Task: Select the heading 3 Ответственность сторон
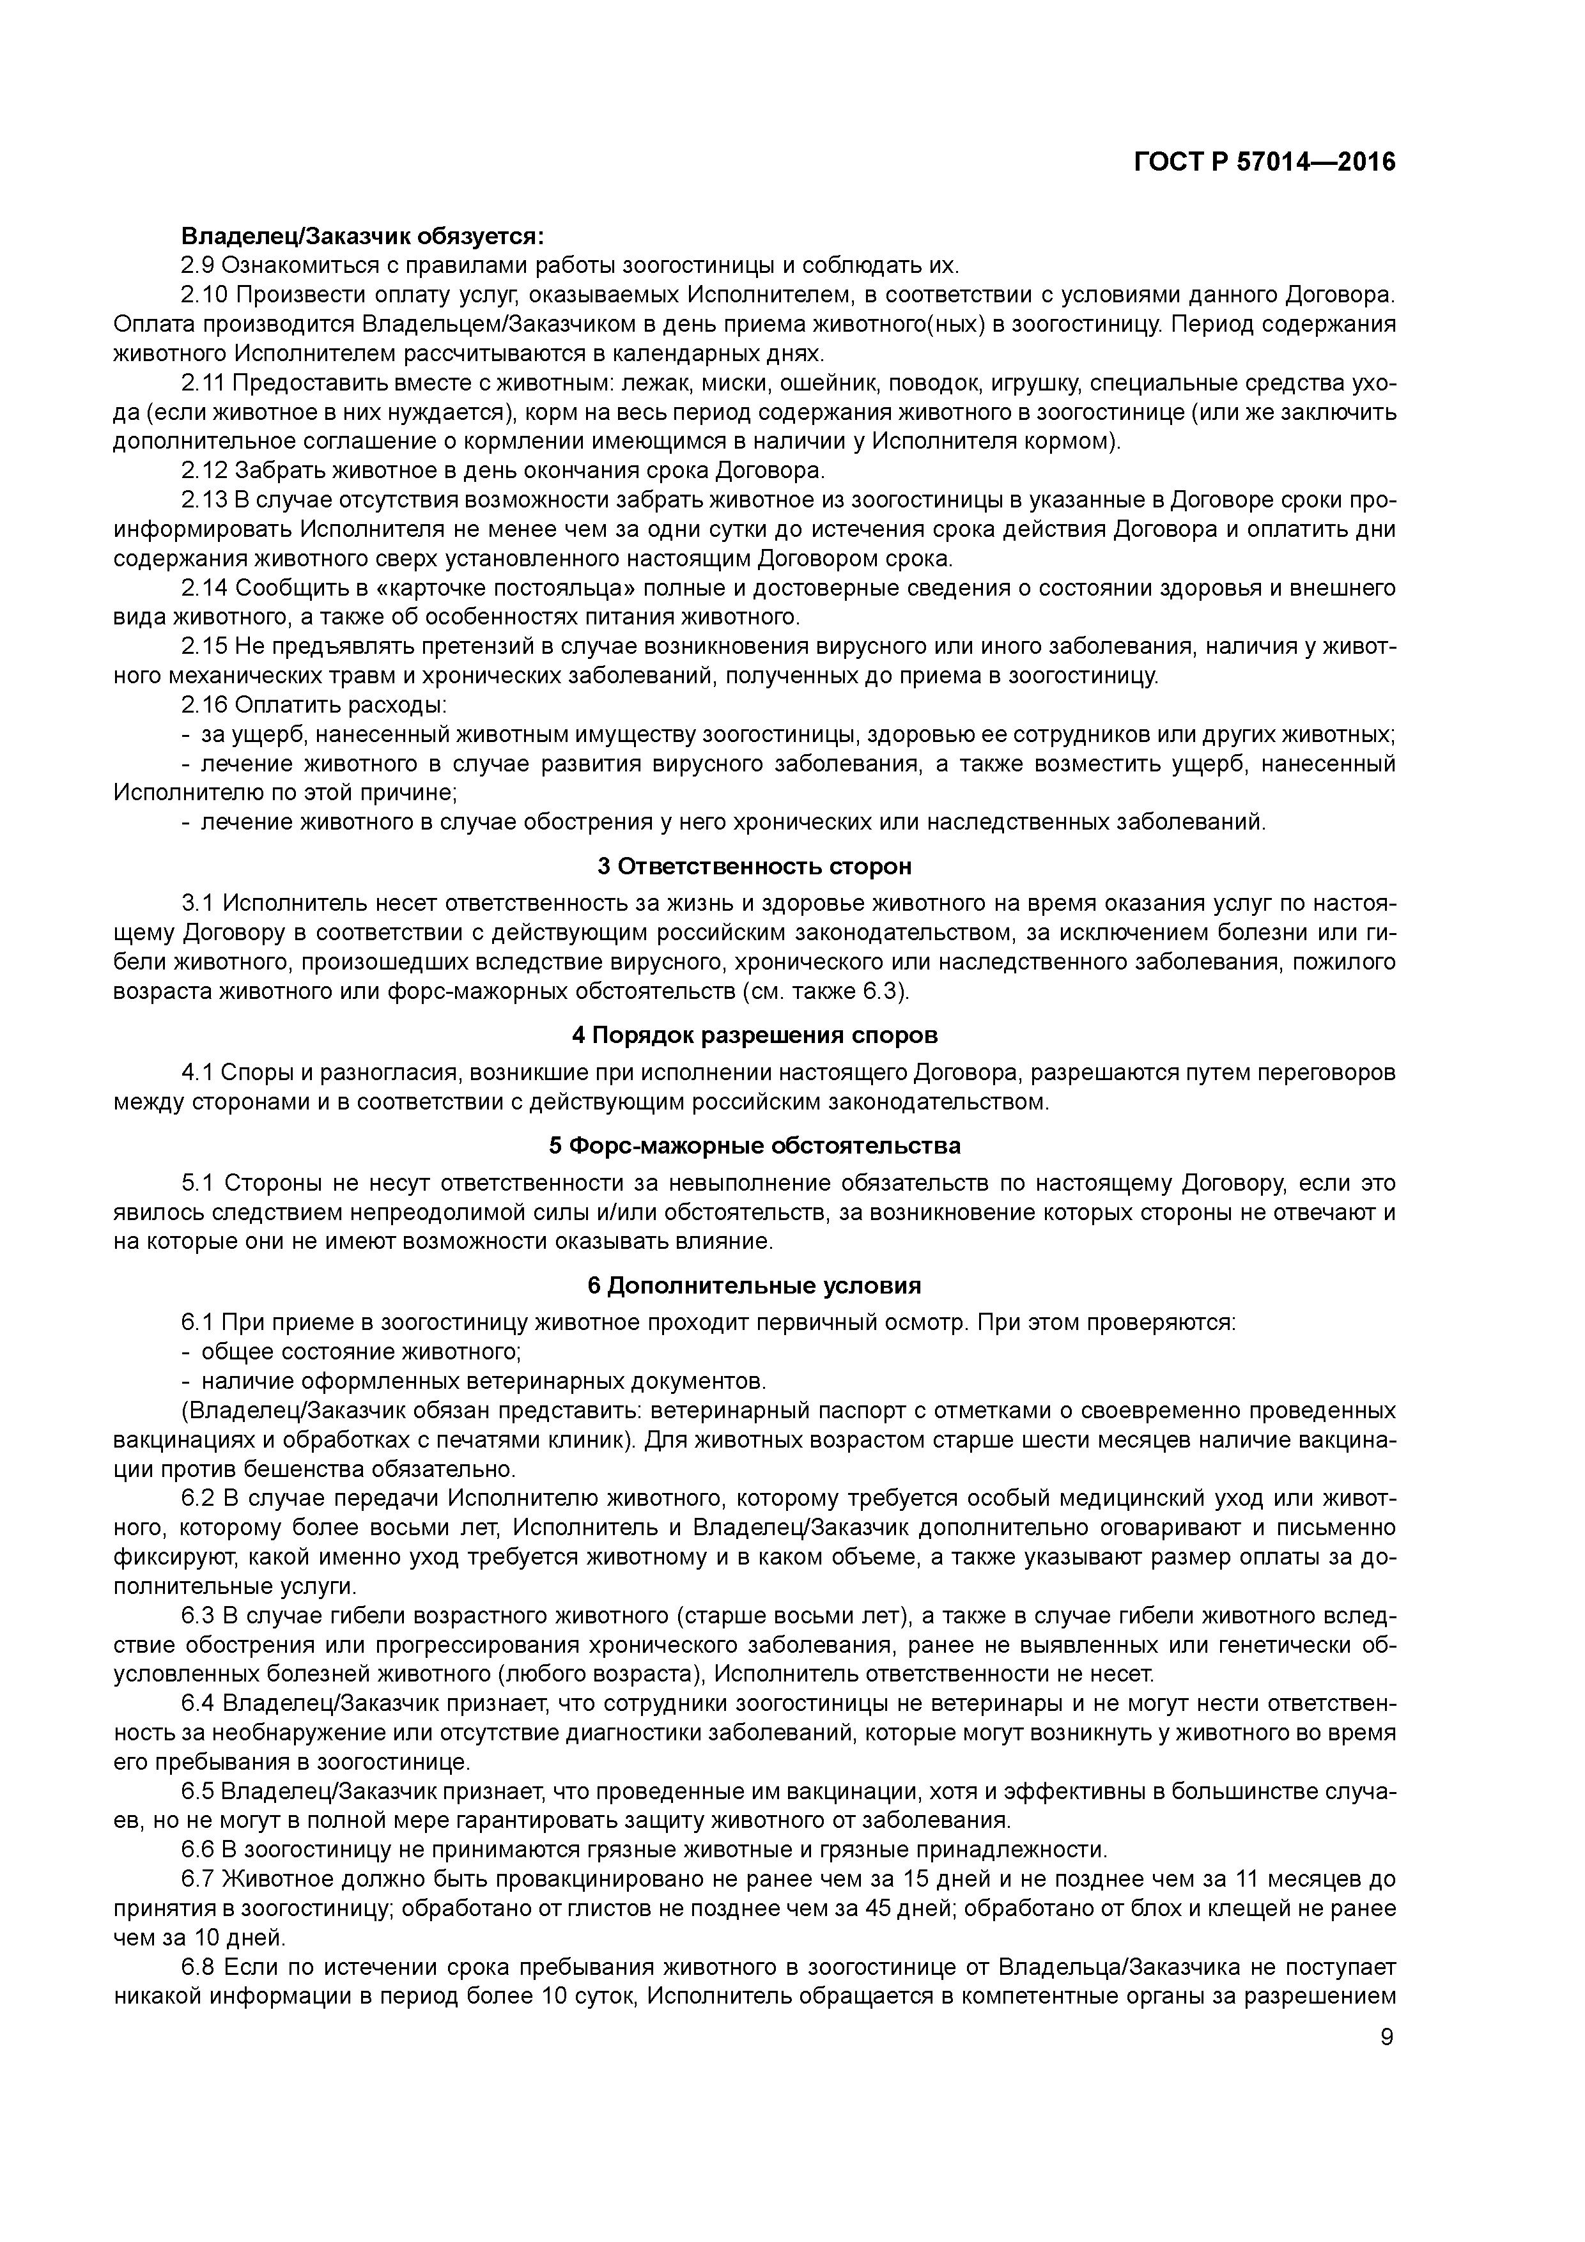(x=754, y=866)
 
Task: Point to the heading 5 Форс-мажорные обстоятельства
(x=754, y=1145)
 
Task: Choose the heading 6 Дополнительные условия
(x=754, y=1285)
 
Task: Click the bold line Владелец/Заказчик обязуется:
(x=362, y=236)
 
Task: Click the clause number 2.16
(x=203, y=705)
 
